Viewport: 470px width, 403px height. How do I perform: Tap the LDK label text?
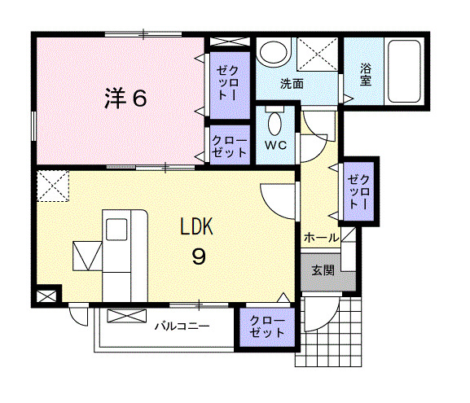tap(197, 227)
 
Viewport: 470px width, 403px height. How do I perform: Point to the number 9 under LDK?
tap(198, 256)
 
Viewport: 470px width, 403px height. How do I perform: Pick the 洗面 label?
tap(292, 83)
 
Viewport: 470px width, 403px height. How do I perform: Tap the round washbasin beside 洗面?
tap(271, 52)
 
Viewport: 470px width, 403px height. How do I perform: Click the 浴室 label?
tap(366, 75)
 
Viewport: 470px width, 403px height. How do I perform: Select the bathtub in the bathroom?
tap(401, 69)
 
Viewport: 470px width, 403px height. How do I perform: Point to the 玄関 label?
tap(322, 270)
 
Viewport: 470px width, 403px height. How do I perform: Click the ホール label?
tap(320, 238)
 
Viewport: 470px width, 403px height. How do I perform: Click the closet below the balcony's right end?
tap(267, 326)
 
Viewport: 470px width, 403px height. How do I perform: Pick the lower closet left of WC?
tap(229, 146)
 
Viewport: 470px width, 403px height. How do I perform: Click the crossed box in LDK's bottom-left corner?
tap(47, 296)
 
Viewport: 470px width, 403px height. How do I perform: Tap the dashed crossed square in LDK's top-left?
tap(52, 186)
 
